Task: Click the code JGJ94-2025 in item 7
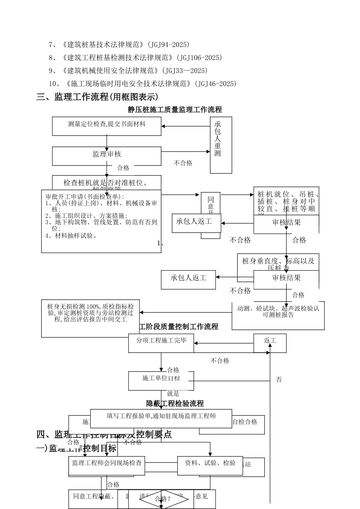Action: pyautogui.click(x=169, y=45)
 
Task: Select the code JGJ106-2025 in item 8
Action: pyautogui.click(x=199, y=58)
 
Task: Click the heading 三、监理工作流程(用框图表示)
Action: pyautogui.click(x=97, y=97)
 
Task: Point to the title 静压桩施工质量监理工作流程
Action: pyautogui.click(x=175, y=110)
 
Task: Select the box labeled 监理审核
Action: pyautogui.click(x=106, y=155)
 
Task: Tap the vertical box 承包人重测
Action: pyautogui.click(x=221, y=145)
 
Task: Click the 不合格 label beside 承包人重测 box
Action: pyautogui.click(x=183, y=163)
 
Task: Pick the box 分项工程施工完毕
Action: pyautogui.click(x=161, y=341)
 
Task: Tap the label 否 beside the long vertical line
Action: pyautogui.click(x=279, y=379)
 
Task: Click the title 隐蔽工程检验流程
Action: pyautogui.click(x=175, y=404)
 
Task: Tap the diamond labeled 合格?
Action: pyautogui.click(x=163, y=498)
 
